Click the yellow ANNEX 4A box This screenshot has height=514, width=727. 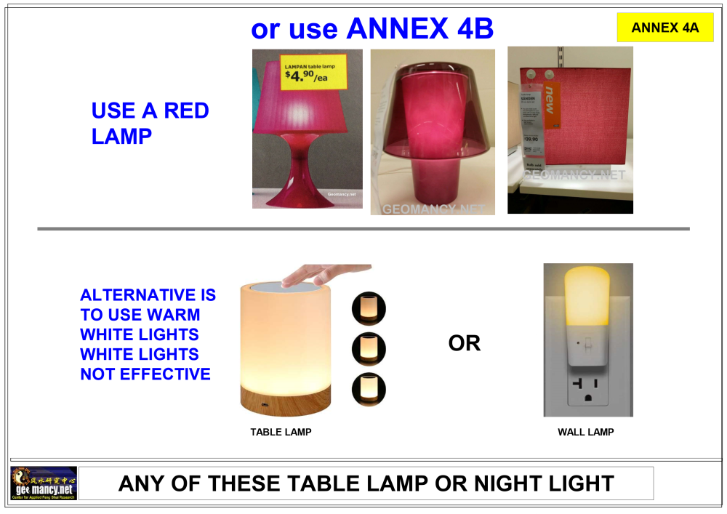(x=664, y=28)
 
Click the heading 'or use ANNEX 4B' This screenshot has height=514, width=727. (x=371, y=28)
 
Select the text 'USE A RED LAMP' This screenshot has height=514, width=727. (x=150, y=123)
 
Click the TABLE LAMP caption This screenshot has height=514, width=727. (x=281, y=432)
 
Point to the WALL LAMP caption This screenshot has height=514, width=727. (x=585, y=432)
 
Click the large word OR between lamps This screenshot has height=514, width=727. (x=465, y=343)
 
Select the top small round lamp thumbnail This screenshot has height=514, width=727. (x=369, y=308)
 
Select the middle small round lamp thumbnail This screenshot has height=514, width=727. (x=369, y=349)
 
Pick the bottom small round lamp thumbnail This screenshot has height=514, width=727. (x=369, y=390)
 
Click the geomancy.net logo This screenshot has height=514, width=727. (x=44, y=483)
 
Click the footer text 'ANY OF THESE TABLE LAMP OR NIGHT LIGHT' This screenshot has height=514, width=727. (x=366, y=483)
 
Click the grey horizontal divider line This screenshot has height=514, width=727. (x=363, y=229)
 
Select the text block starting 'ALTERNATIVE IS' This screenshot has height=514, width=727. (x=148, y=334)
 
